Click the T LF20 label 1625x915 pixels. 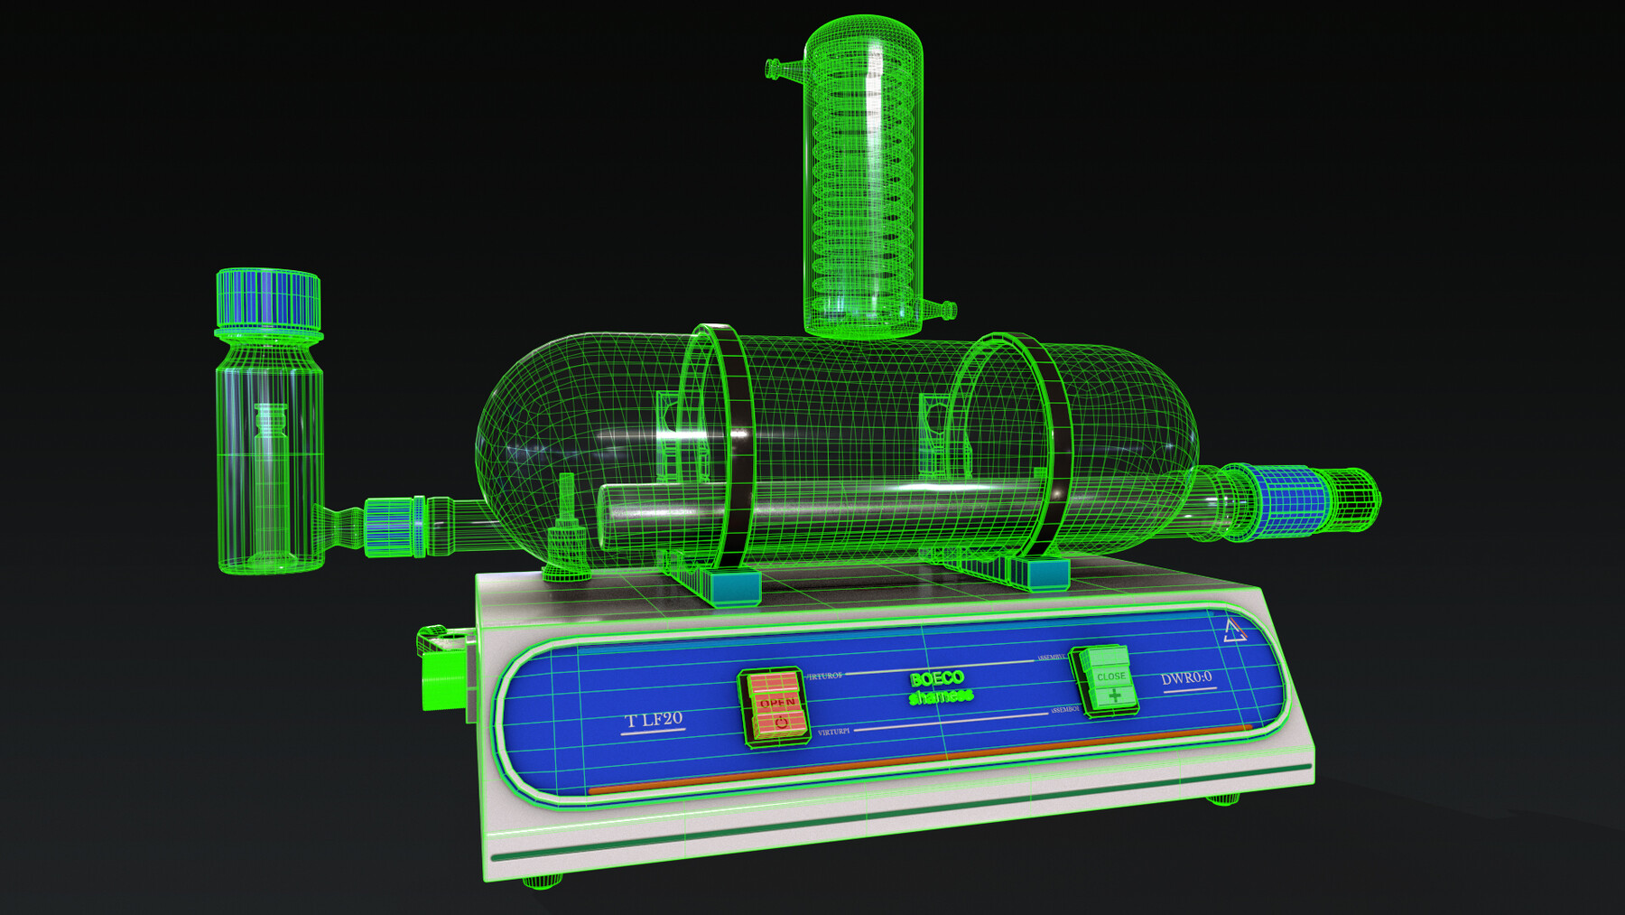pos(655,720)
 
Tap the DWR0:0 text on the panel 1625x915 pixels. pos(1186,678)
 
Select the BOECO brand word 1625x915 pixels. pos(937,679)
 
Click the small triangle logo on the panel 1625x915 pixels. pos(1234,630)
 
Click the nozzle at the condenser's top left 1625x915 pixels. pos(782,69)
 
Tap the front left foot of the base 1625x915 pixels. pos(542,882)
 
